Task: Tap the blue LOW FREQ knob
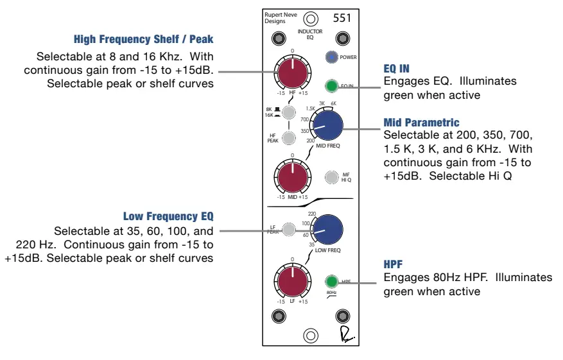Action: (327, 229)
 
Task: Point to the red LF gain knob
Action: (292, 281)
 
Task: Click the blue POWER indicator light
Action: (331, 57)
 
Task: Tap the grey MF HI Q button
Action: (331, 176)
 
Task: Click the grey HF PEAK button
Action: (290, 138)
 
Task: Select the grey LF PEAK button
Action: (290, 229)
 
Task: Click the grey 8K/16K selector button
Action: (290, 113)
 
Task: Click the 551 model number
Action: (342, 18)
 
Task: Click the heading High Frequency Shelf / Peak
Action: (143, 40)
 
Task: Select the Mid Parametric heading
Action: (421, 122)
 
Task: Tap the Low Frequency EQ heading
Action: (168, 216)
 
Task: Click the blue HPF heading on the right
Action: (394, 264)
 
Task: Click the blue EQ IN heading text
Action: (396, 68)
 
